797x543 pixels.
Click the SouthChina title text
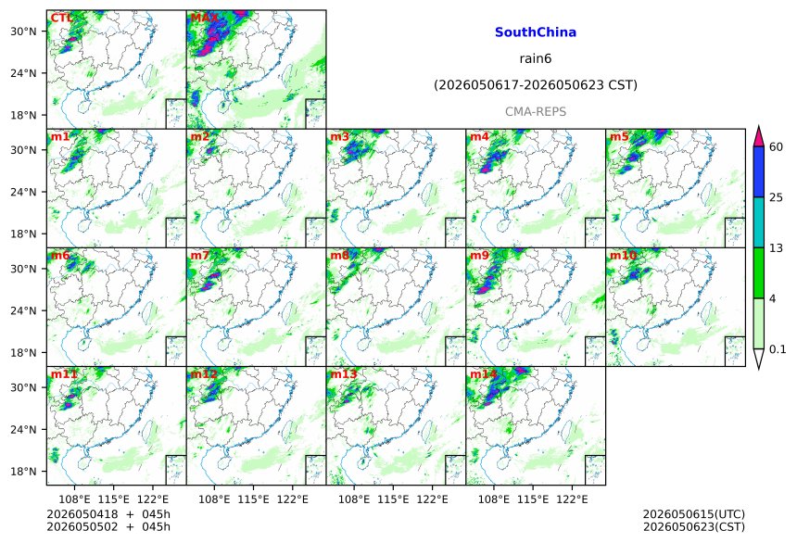(536, 32)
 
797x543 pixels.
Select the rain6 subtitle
(536, 58)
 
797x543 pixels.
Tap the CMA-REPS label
(536, 111)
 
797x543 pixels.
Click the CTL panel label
(61, 19)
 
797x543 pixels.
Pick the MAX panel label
(204, 19)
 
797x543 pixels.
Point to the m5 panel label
(619, 137)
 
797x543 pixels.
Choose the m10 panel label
(623, 255)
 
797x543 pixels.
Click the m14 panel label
(484, 374)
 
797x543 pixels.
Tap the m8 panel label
(339, 255)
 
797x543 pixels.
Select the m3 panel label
(339, 137)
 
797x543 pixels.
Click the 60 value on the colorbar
(776, 147)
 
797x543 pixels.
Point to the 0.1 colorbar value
(778, 349)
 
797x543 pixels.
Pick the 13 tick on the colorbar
(776, 248)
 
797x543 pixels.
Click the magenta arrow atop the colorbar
(758, 136)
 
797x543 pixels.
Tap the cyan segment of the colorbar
(758, 222)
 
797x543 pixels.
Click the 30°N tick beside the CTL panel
(23, 32)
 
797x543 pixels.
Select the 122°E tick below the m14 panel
(572, 499)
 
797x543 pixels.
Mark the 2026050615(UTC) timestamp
(694, 515)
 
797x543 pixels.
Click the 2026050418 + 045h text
(108, 514)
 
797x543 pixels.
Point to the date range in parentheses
(536, 85)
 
